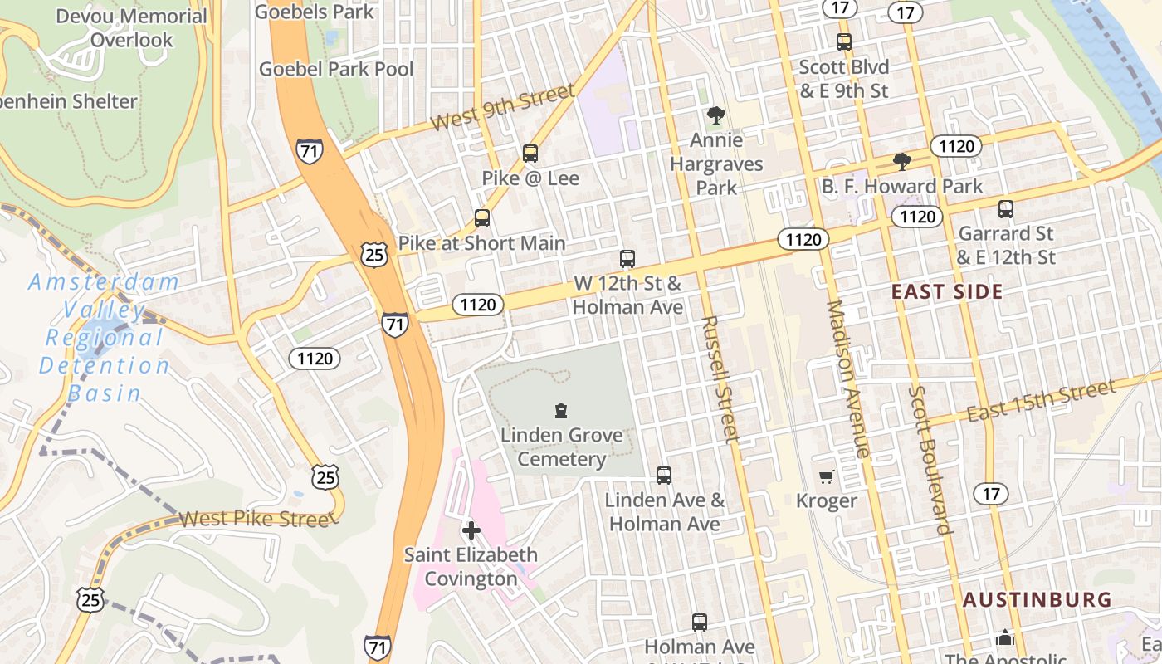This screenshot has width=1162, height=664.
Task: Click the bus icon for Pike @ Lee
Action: pos(530,154)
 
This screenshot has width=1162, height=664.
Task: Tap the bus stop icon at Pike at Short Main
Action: pos(482,218)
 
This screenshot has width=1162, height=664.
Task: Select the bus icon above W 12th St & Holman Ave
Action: pos(627,259)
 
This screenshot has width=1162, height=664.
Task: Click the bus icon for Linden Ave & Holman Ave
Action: pos(664,476)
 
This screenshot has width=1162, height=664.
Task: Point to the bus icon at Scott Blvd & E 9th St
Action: pos(844,42)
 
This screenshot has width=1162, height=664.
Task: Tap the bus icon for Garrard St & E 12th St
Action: pos(1006,209)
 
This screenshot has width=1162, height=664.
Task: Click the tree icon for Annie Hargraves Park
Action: pos(715,115)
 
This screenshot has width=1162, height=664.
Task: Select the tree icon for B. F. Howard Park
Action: pos(901,162)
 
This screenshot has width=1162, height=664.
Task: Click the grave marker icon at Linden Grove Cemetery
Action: pos(562,411)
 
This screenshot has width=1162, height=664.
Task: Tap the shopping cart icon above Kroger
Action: pos(826,476)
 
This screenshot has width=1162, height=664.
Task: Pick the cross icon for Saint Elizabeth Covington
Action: pos(471,530)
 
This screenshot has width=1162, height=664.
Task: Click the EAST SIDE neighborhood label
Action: pos(947,291)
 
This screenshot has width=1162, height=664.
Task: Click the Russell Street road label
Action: pos(720,379)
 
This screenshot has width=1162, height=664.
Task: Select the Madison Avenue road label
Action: pos(848,378)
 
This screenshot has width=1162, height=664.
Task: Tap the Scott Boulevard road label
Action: pos(929,460)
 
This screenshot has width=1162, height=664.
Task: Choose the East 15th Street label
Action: pos(1041,401)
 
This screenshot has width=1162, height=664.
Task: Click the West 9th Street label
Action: pos(503,108)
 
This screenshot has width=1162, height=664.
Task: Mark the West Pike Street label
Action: pos(255,520)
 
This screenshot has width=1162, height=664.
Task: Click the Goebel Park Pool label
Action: pos(336,69)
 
